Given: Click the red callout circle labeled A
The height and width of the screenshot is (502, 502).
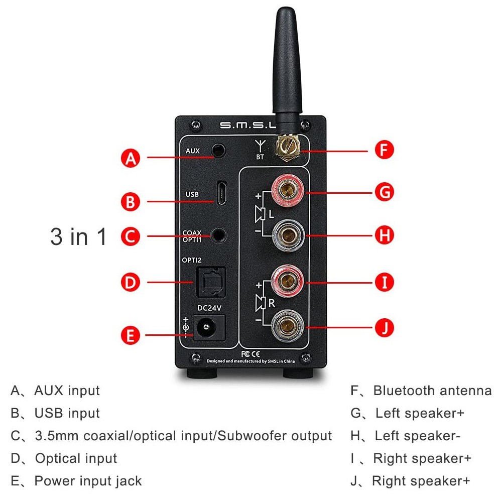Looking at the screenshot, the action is pos(131,158).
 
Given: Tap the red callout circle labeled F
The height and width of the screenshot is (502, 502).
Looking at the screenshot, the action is pos(384,150).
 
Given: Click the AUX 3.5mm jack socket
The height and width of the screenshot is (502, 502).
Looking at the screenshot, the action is pos(219,150).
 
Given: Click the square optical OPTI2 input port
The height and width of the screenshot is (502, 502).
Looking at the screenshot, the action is pos(211,282).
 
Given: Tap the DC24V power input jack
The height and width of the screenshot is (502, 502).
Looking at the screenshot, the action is pos(209,327).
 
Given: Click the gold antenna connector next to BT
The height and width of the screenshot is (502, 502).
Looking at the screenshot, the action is pos(287,147).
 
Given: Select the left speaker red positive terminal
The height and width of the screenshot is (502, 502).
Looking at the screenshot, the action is pos(287,192).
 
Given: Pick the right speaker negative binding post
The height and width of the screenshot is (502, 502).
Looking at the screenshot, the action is pos(287,327).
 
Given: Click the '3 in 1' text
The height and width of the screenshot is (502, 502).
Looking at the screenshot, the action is pos(78,237).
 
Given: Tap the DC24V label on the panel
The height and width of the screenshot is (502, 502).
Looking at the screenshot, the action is pos(209,308).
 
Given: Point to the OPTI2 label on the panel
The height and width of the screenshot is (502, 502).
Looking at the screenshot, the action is pos(192,260).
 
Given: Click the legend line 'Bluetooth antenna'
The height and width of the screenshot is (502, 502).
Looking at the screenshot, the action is pos(432,391).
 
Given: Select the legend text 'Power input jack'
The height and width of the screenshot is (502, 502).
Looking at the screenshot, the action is pos(88,481).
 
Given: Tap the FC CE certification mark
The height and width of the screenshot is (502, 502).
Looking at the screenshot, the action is pos(250,354).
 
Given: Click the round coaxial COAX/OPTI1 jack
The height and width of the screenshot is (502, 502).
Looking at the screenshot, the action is pos(219,235).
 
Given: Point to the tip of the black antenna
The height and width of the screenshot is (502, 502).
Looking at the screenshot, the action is pos(286,8).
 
